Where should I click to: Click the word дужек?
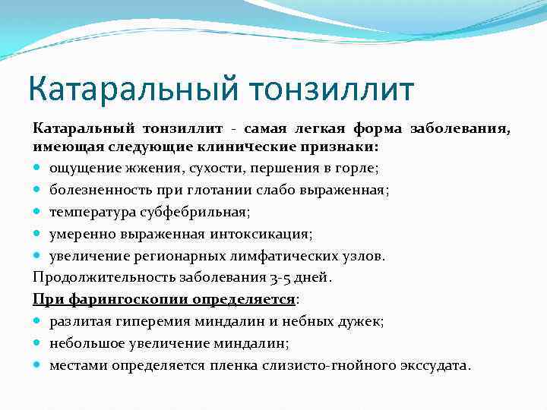tap(362, 321)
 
